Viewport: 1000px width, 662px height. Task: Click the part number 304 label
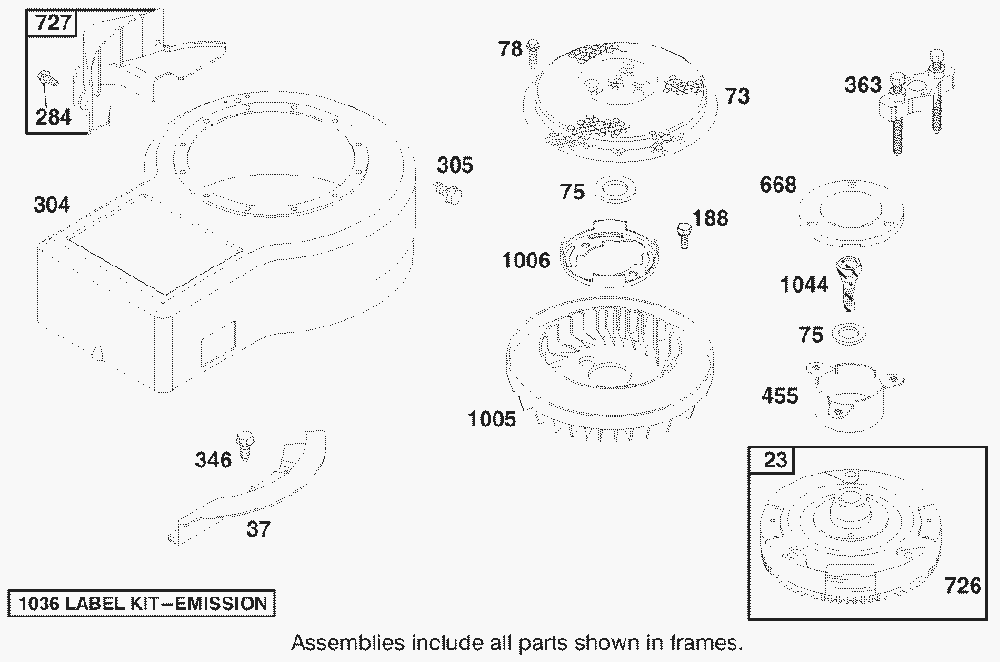click(x=51, y=205)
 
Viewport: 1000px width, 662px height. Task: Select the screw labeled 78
click(x=534, y=52)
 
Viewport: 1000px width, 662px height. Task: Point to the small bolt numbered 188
click(x=683, y=234)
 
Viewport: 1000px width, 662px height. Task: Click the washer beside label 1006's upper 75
click(x=615, y=190)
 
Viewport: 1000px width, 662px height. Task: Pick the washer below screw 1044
click(x=849, y=333)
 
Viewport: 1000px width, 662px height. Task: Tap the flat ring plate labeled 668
click(x=850, y=214)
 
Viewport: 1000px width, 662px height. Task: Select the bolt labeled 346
click(x=245, y=446)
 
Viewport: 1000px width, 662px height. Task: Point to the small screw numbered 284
click(x=47, y=79)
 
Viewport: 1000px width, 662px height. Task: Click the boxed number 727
click(x=52, y=23)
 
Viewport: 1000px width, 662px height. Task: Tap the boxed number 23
click(x=775, y=460)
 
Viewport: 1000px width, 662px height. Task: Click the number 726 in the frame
click(x=963, y=586)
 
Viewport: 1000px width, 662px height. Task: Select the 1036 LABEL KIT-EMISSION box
click(x=142, y=603)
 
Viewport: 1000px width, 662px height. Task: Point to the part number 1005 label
click(x=492, y=419)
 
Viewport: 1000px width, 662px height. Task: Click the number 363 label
click(x=863, y=85)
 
